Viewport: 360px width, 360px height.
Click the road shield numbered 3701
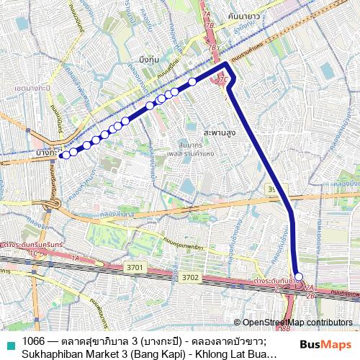point(134,267)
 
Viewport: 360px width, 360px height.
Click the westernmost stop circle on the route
point(64,154)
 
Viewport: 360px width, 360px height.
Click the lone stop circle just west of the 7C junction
point(193,82)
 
